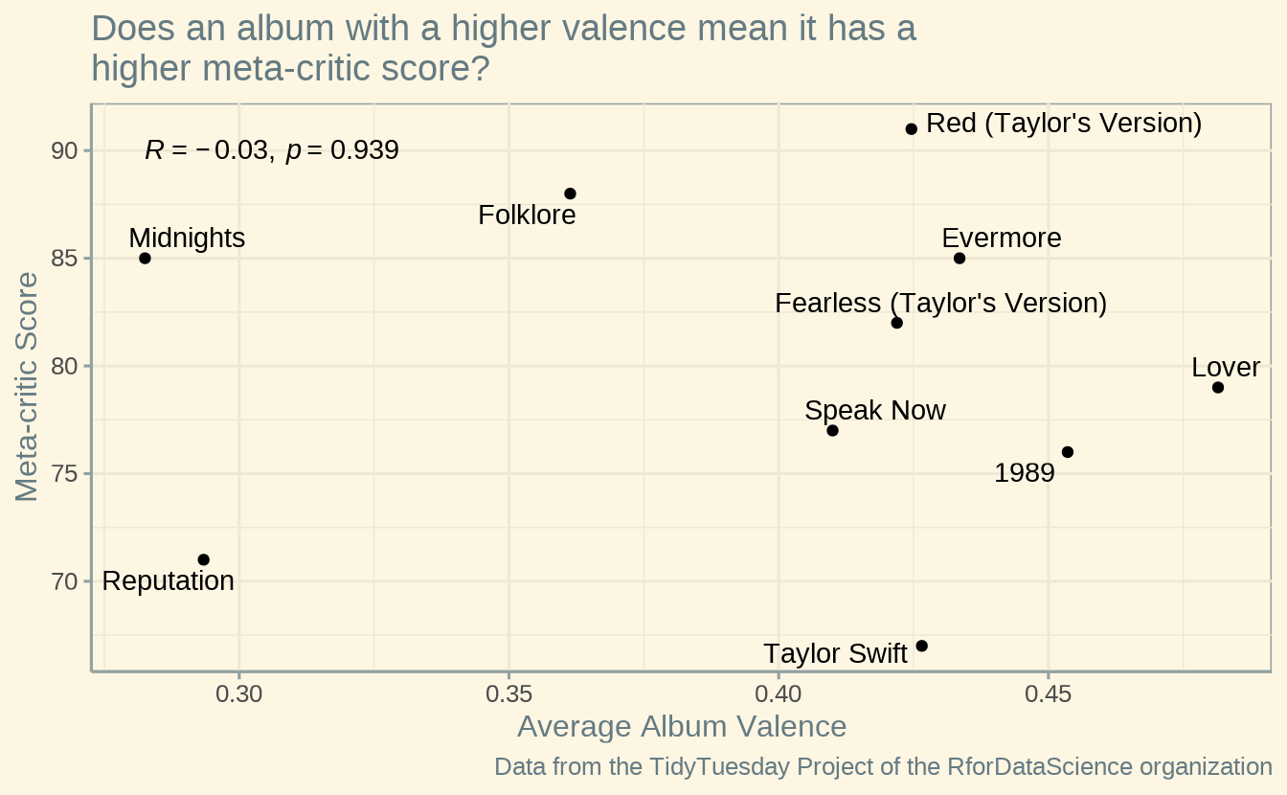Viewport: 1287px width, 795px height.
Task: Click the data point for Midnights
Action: pos(145,259)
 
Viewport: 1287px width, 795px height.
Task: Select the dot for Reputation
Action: pos(203,559)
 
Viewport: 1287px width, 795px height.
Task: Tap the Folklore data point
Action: pos(570,193)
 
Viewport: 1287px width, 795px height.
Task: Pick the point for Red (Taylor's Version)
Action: pos(912,128)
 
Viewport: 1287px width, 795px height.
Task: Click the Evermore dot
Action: pos(960,259)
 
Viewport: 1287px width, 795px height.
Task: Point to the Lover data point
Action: pos(1218,388)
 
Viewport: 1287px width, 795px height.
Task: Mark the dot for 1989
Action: pos(1068,452)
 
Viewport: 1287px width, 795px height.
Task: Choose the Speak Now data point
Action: pos(832,431)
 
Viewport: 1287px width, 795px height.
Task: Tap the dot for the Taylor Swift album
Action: pos(922,647)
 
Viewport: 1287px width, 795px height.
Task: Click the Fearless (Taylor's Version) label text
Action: pos(940,304)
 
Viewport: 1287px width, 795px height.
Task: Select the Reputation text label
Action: pos(168,581)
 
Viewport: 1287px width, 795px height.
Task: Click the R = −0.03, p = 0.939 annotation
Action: pos(272,150)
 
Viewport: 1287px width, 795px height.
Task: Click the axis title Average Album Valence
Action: pos(682,727)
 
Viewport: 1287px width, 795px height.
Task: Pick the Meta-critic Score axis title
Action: pos(28,387)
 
